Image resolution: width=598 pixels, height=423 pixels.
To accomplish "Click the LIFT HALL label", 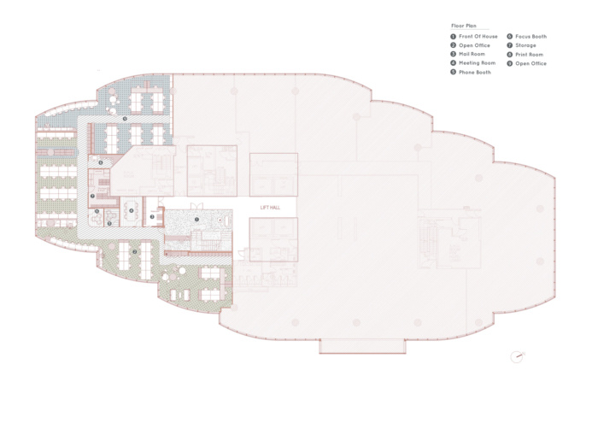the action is pyautogui.click(x=270, y=208).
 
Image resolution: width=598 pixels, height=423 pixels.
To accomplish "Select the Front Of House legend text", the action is pyautogui.click(x=478, y=36).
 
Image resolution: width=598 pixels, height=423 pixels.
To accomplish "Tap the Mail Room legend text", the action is pyautogui.click(x=472, y=54).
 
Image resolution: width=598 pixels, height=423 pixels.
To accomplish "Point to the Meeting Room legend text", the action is pyautogui.click(x=477, y=63).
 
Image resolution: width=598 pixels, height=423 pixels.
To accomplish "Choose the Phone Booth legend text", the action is pyautogui.click(x=475, y=72).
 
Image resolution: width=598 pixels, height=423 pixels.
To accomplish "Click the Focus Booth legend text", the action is pyautogui.click(x=531, y=36).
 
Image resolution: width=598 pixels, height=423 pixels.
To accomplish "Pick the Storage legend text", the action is pyautogui.click(x=525, y=45).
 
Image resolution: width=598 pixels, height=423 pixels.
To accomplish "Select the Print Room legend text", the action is pyautogui.click(x=529, y=55).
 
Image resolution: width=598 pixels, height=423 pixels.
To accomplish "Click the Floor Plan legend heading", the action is pyautogui.click(x=464, y=26).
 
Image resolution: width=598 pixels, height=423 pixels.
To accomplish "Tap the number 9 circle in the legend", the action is pyautogui.click(x=509, y=63).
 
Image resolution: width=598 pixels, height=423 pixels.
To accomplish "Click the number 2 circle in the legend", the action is pyautogui.click(x=453, y=45).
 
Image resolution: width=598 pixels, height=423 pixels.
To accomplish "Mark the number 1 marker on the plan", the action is pyautogui.click(x=196, y=220).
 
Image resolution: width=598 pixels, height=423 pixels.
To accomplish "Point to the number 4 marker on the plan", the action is pyautogui.click(x=132, y=210).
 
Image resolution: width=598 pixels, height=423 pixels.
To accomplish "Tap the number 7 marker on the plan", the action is pyautogui.click(x=92, y=196).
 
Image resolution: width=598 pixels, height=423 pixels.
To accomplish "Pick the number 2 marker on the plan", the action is pyautogui.click(x=135, y=252).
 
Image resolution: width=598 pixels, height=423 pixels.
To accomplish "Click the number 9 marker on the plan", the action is pyautogui.click(x=125, y=119).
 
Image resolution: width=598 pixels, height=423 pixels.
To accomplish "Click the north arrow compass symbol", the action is pyautogui.click(x=517, y=356).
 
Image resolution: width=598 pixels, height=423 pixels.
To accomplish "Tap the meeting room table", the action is pyautogui.click(x=132, y=210).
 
